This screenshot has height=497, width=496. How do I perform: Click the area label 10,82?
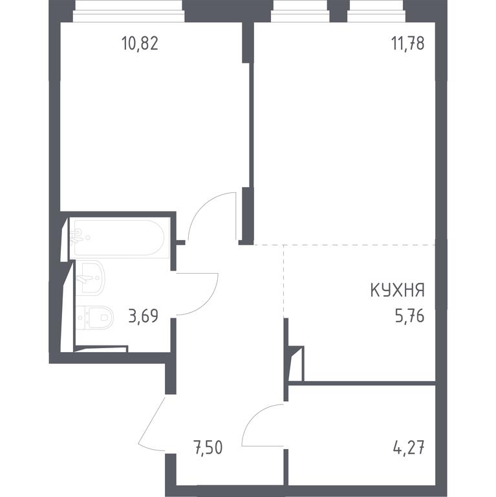click(140, 43)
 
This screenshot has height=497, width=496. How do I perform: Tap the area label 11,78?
click(408, 43)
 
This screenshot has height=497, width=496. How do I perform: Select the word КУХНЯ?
click(398, 290)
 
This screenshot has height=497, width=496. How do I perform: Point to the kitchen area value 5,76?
click(409, 316)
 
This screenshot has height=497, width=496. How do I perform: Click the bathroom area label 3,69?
click(144, 316)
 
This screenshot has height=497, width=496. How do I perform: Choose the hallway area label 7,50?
click(208, 447)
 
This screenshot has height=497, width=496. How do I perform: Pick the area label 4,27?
click(409, 447)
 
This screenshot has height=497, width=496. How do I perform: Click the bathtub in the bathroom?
click(119, 237)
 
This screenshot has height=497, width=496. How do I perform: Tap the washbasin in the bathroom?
click(91, 278)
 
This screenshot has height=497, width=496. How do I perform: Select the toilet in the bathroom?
click(94, 317)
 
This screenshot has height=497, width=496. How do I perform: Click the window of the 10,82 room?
click(129, 12)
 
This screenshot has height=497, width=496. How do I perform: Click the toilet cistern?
click(81, 317)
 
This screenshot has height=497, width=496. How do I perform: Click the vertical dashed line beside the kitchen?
click(284, 281)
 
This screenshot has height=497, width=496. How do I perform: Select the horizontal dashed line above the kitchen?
click(345, 245)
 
